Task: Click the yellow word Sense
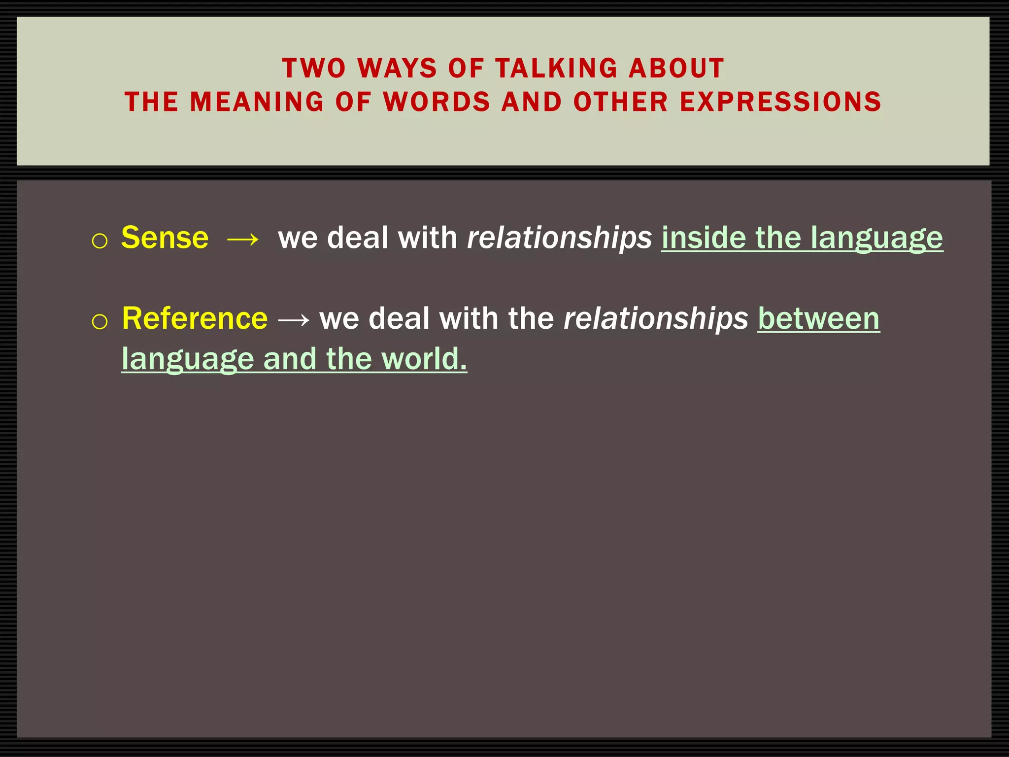click(165, 238)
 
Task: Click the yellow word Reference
click(195, 318)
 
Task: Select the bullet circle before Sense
click(100, 241)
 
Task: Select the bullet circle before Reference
click(100, 322)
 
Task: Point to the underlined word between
click(818, 318)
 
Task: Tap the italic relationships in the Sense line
click(559, 238)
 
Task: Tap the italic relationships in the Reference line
click(656, 318)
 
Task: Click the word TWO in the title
click(314, 68)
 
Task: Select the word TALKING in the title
click(556, 68)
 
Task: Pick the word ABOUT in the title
click(676, 68)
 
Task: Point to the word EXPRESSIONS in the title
click(780, 102)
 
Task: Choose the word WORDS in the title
click(437, 102)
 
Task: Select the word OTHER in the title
click(621, 102)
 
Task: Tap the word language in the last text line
click(188, 359)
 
